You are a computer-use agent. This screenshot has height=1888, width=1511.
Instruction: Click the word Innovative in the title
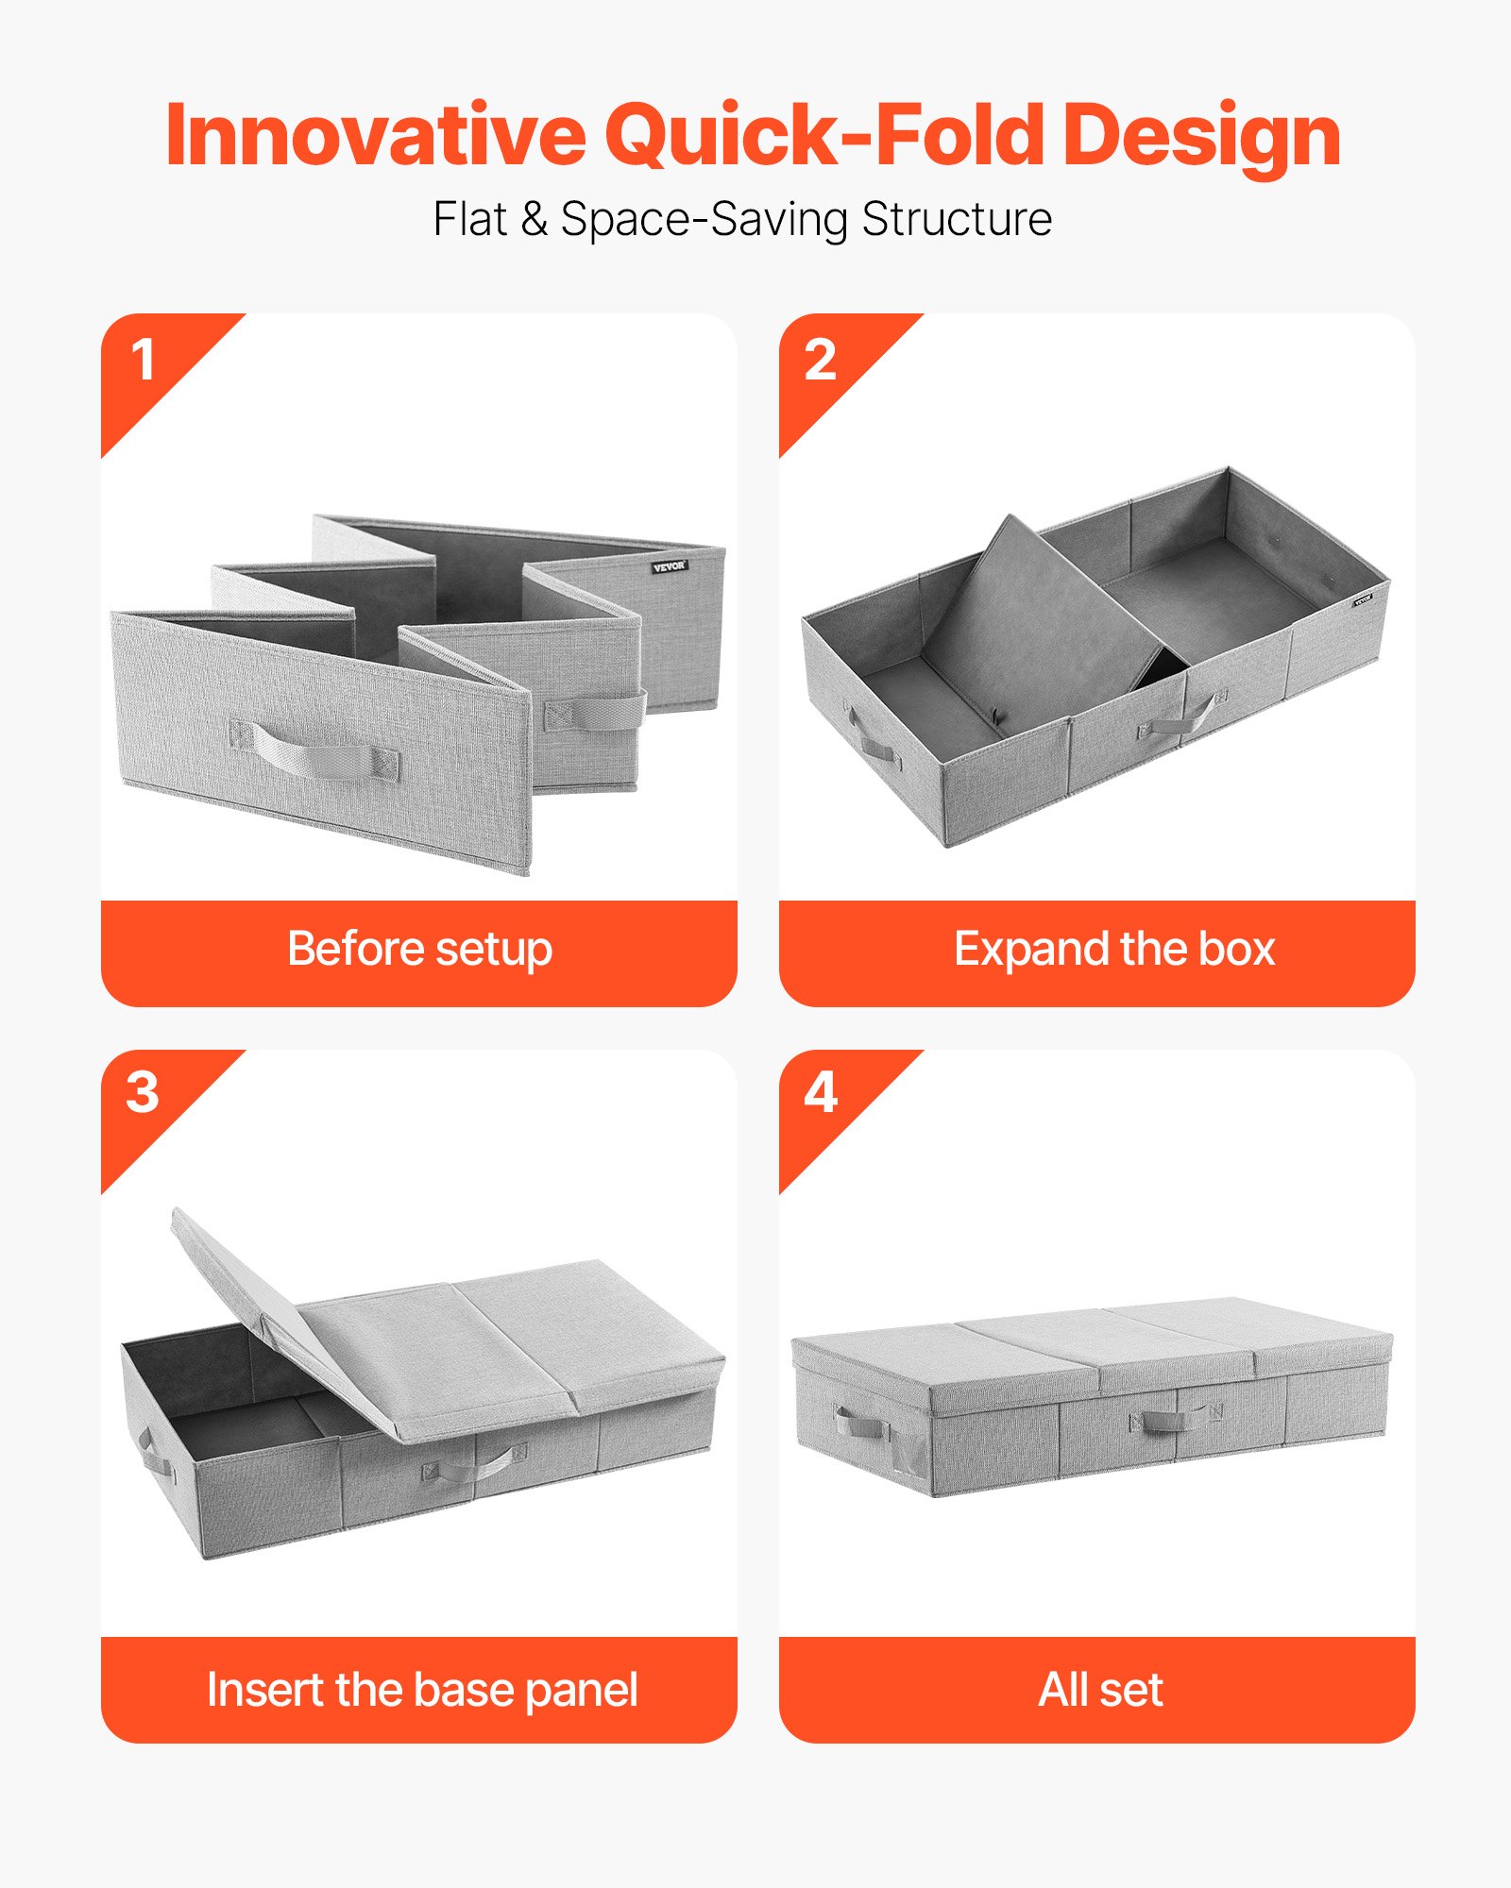(375, 136)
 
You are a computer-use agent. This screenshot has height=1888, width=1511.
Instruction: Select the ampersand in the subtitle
(534, 220)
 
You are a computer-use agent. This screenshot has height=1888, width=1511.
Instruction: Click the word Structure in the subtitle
(956, 220)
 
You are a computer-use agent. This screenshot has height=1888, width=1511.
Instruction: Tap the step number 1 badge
(144, 361)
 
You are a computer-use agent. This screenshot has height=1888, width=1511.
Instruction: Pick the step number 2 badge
(820, 361)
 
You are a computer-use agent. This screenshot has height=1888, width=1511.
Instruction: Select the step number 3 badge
(143, 1093)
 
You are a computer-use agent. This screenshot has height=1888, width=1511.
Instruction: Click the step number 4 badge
(820, 1093)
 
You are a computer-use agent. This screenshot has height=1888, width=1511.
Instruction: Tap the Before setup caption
(419, 950)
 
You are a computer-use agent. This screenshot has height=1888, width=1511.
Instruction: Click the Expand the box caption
(1113, 950)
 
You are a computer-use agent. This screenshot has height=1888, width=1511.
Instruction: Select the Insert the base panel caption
(422, 1690)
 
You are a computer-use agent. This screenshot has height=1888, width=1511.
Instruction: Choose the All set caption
(1100, 1690)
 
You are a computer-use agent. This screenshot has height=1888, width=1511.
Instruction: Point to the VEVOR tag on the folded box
(670, 566)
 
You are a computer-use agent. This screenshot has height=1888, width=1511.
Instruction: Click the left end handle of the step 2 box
(874, 742)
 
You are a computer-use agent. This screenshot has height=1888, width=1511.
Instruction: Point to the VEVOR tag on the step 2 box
(1363, 598)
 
